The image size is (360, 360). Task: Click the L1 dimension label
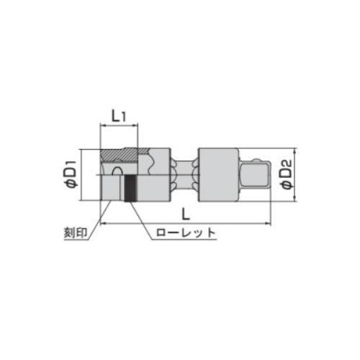[118, 114]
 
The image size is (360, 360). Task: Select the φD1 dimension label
[72, 175]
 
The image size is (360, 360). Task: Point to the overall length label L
[186, 214]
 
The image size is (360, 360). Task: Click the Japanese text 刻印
[73, 234]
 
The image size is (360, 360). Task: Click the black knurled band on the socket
[130, 189]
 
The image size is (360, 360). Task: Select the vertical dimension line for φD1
[85, 175]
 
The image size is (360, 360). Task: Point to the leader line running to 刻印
[102, 220]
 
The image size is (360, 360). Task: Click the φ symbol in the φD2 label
[286, 186]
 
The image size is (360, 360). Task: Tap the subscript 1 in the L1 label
[125, 115]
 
